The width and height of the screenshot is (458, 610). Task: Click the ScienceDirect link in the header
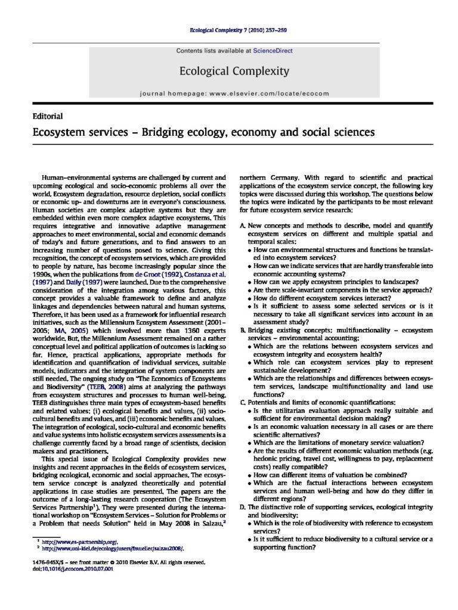coord(273,51)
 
